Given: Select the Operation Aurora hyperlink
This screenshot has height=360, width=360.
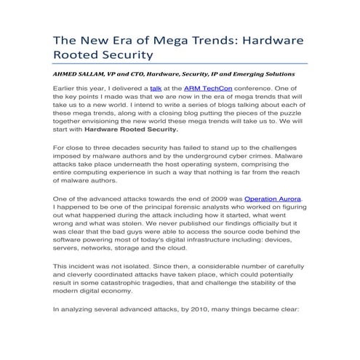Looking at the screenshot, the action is click(273, 198).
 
